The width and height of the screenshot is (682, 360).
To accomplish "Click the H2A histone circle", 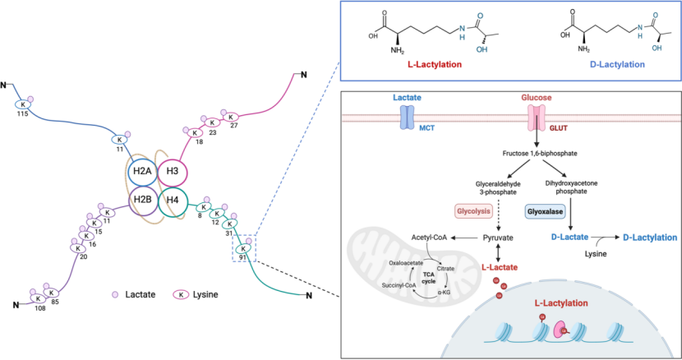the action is pos(143,171).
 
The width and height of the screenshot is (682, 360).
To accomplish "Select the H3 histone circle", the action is pos(173,171).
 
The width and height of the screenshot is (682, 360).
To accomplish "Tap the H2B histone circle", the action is pos(143,200).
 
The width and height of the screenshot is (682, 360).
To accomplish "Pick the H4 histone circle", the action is pos(173,201).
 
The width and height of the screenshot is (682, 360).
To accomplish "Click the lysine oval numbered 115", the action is pos(23,104).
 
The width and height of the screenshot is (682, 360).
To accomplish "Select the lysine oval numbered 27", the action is pos(231,117).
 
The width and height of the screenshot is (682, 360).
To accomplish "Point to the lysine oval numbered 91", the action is pos(243,248).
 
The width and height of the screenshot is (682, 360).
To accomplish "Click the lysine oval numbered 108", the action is pos(38,299).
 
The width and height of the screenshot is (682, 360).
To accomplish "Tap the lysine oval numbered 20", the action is pos(78,248).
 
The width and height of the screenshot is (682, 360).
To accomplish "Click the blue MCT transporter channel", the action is pos(407,118).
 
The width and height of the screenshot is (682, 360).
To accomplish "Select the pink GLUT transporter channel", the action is pos(537,118).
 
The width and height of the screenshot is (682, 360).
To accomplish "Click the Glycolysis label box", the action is pos(473,211).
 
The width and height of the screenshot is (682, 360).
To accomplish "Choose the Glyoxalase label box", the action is pos(545,211).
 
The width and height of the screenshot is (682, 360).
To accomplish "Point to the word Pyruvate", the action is pos(498,238).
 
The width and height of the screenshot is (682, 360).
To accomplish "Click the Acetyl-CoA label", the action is pos(429,238).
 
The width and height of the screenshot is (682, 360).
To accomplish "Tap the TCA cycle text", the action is pos(428,278).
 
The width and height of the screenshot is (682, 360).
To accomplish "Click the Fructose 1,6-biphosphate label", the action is pos(540,153).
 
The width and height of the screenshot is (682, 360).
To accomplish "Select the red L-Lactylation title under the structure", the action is pos(435,64).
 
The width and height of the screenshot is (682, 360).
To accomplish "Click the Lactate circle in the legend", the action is pos(115,295).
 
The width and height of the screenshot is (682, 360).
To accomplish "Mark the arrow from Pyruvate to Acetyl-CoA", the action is pos(464,238).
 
